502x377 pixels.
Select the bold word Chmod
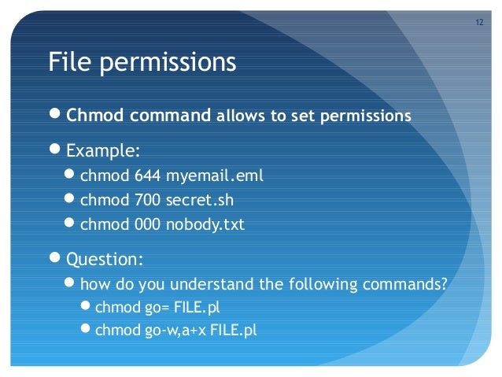pos(93,116)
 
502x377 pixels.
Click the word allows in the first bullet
pos(241,116)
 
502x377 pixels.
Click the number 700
pos(147,200)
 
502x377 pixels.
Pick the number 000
pos(147,224)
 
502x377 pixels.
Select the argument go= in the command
pos(156,307)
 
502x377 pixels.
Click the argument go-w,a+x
pos(175,331)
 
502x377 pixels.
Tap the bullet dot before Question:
pos(55,257)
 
